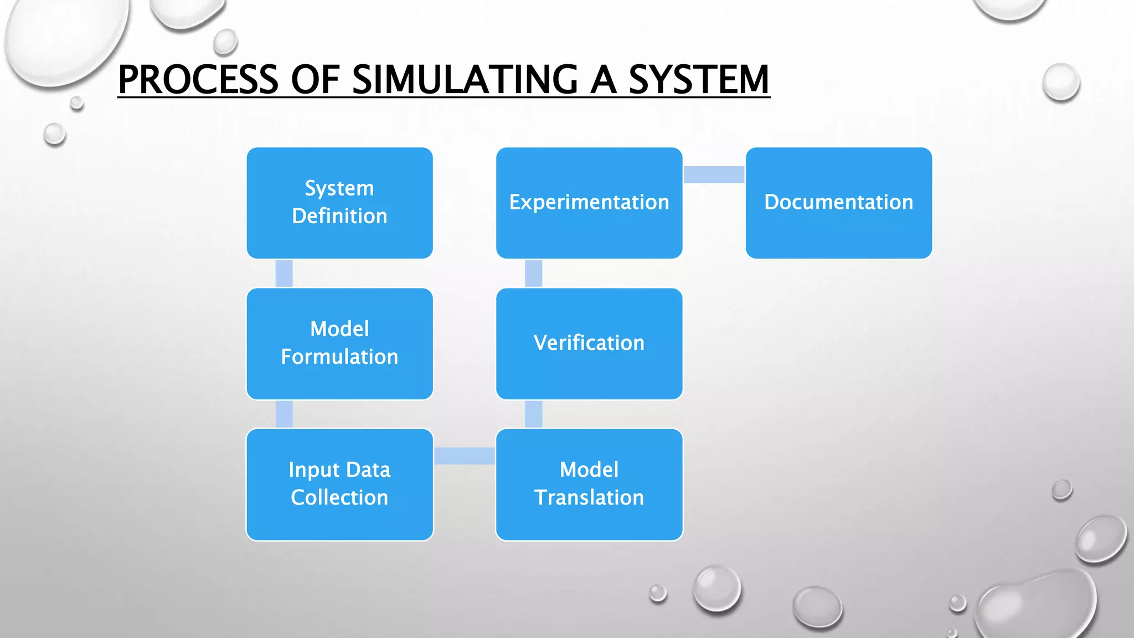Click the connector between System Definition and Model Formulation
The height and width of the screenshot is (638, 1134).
(x=284, y=273)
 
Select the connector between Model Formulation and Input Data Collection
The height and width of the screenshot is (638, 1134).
(x=284, y=414)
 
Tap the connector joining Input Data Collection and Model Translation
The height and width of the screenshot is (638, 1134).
(x=465, y=456)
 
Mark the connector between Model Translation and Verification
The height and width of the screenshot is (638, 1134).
(x=533, y=414)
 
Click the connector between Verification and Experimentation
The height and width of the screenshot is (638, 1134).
(x=533, y=273)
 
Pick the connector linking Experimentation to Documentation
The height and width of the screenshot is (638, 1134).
(x=714, y=174)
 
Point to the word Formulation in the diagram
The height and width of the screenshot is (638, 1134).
(x=339, y=357)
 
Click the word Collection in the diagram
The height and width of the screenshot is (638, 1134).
(x=339, y=497)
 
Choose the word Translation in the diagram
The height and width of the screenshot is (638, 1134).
(x=589, y=497)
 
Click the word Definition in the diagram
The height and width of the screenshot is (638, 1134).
(x=339, y=216)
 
